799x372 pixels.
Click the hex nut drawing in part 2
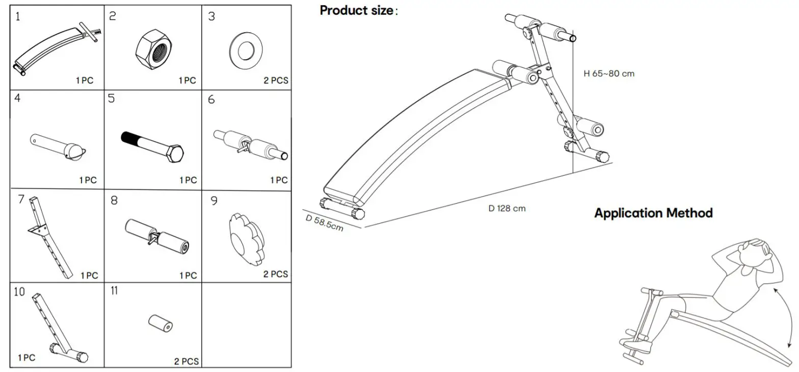(x=153, y=49)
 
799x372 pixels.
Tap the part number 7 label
(x=21, y=200)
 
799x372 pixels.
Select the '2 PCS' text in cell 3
(x=276, y=81)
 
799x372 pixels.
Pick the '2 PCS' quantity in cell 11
(x=187, y=362)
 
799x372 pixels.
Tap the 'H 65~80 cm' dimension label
(x=609, y=73)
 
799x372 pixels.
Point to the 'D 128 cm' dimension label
(x=507, y=208)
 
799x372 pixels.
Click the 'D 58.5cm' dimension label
(x=325, y=223)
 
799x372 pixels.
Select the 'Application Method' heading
(x=653, y=213)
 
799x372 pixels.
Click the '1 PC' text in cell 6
(x=279, y=180)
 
